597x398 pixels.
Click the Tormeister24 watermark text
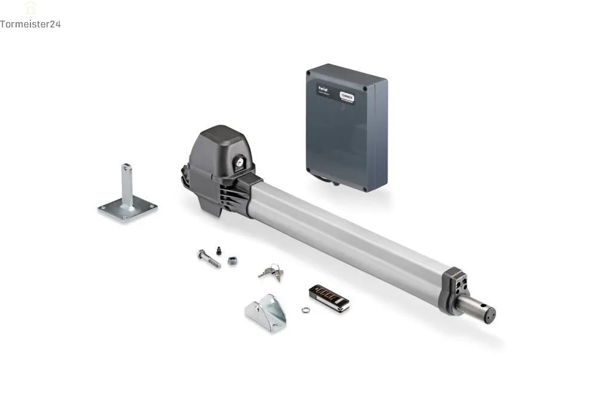(x=30, y=25)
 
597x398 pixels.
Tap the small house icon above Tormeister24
(x=30, y=8)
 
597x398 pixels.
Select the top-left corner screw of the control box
(x=309, y=73)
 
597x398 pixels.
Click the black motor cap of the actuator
(x=218, y=149)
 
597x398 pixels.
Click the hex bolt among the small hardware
(x=209, y=259)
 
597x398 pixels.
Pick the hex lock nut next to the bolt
(x=232, y=261)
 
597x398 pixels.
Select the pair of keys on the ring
(x=271, y=272)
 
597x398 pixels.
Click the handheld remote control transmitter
(x=329, y=298)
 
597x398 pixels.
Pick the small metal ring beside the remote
(x=306, y=310)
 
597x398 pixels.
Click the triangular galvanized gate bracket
(x=266, y=313)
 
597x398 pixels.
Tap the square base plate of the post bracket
(x=127, y=209)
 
